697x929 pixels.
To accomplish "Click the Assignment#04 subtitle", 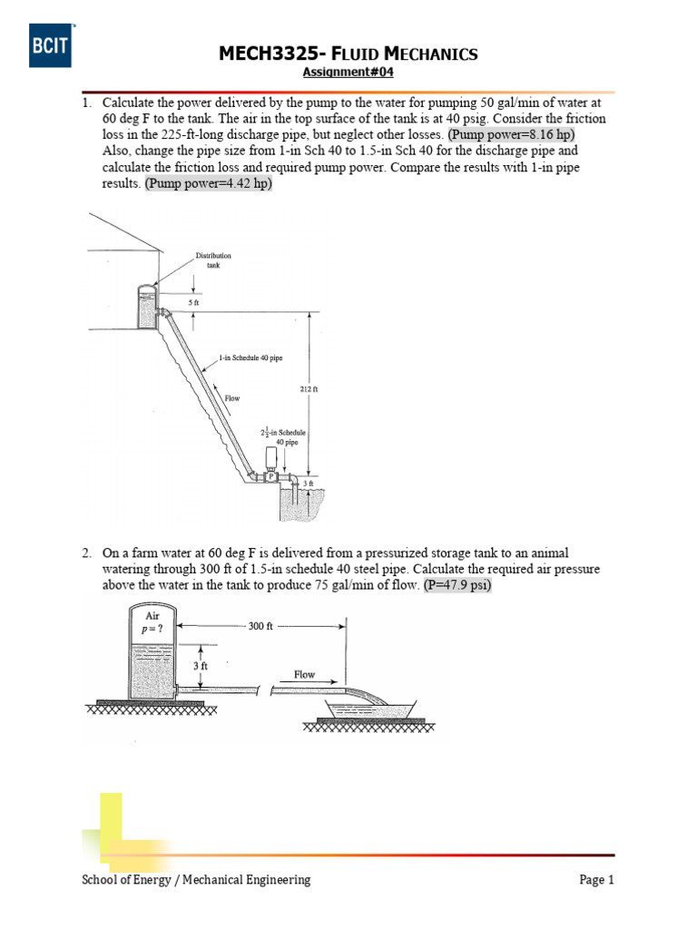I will [x=348, y=73].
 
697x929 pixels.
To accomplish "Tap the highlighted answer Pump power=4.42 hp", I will [x=208, y=183].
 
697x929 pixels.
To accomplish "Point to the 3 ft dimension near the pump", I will [x=309, y=484].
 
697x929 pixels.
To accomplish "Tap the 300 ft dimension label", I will [x=260, y=626].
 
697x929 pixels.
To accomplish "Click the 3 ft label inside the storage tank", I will [x=201, y=666].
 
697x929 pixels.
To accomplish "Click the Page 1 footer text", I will [x=596, y=879].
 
